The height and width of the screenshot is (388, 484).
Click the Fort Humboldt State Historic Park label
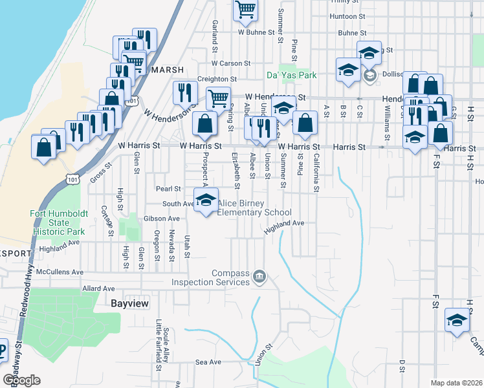coord(58,222)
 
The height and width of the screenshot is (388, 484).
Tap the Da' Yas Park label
coord(292,75)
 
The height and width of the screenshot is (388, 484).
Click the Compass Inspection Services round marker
coord(259,276)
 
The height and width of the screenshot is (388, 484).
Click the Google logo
coord(22,380)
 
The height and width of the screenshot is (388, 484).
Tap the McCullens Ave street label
coord(60,272)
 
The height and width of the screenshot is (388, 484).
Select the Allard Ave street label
coord(98,288)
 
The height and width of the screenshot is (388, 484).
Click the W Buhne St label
coord(253,31)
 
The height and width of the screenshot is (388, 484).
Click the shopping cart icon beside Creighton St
coord(218,98)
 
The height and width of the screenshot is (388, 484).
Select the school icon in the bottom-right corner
coord(457,321)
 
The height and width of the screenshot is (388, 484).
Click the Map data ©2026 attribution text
coord(456,383)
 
